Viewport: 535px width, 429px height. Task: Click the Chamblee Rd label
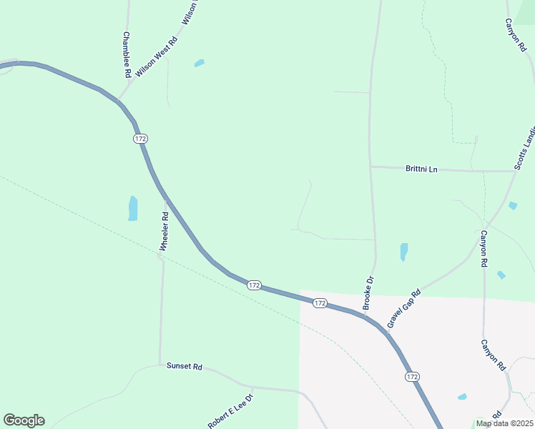(127, 55)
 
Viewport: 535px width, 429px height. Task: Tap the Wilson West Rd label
(156, 57)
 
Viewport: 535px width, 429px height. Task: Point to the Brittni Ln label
(421, 169)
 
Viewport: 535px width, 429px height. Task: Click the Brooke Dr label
(368, 292)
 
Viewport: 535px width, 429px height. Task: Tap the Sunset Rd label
(185, 366)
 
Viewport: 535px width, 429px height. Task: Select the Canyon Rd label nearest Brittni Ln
(484, 248)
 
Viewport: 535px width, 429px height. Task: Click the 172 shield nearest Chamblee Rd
(139, 137)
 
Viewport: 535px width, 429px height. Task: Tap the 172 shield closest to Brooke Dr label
(320, 303)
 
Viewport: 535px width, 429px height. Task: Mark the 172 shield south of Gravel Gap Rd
(411, 376)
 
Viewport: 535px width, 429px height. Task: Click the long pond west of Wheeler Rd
(133, 208)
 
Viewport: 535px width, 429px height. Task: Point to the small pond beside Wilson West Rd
(199, 63)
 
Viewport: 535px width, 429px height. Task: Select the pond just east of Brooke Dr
(403, 252)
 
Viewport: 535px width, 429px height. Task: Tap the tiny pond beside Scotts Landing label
(512, 206)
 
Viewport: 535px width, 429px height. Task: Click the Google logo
(24, 420)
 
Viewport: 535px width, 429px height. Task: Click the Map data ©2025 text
(504, 423)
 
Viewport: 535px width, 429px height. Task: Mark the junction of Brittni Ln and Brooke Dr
(370, 167)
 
